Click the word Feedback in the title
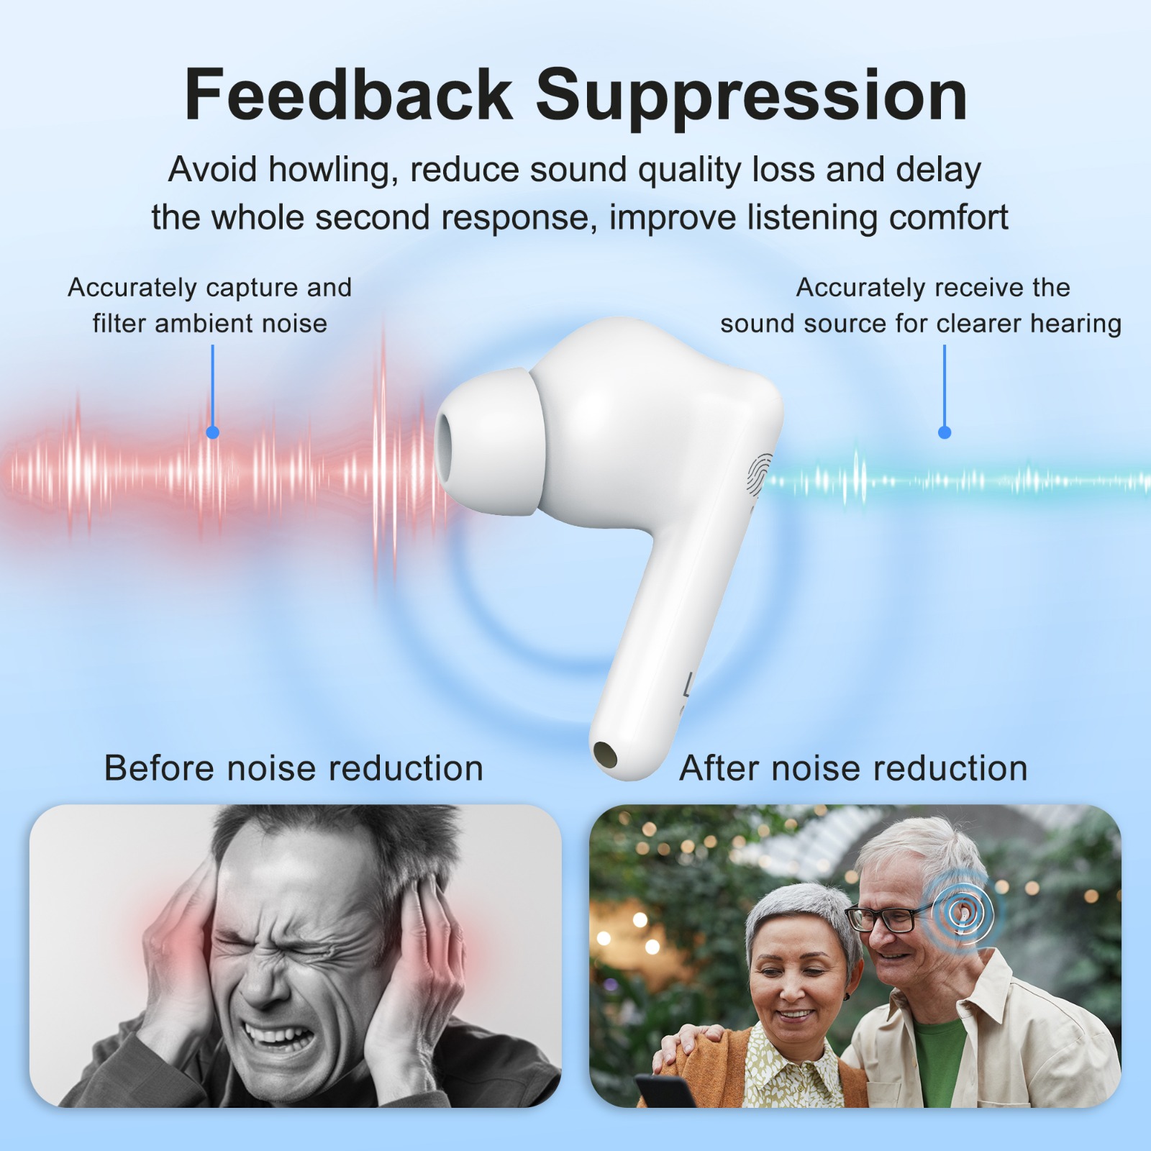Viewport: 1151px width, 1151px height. coord(348,94)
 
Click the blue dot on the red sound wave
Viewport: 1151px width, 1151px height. coord(212,432)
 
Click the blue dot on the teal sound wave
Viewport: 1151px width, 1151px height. coord(945,432)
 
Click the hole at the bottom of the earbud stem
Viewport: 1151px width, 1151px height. coord(605,755)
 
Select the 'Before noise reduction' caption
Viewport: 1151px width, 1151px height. coord(294,768)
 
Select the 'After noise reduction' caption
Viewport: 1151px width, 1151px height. coord(853,768)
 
